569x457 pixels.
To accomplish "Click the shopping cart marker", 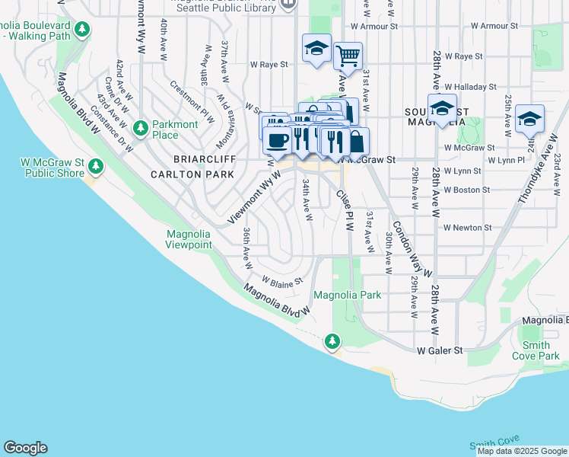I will click(348, 55).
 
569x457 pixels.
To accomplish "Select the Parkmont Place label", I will click(175, 129).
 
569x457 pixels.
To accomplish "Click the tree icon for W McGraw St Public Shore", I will click(95, 166).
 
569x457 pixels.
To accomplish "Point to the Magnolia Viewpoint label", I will click(189, 239).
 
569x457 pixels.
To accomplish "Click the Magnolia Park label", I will click(347, 295).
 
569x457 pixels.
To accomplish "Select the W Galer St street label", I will click(440, 350).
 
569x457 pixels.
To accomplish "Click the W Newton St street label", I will click(468, 227).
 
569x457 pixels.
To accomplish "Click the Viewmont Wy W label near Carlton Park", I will click(255, 197).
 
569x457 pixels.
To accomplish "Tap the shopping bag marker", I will click(357, 142).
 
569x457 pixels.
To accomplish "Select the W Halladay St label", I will click(470, 87).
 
